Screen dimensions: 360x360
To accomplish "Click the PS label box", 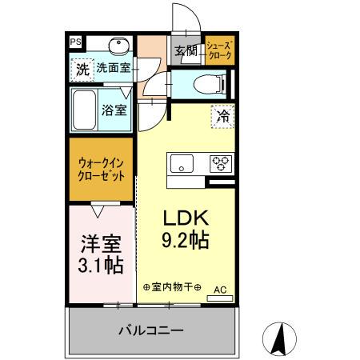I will pyautogui.click(x=75, y=42).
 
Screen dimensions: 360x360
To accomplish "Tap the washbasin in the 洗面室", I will pyautogui.click(x=121, y=45).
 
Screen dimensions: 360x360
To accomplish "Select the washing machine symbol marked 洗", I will pyautogui.click(x=82, y=70).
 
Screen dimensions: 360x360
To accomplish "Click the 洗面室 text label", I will pyautogui.click(x=114, y=70).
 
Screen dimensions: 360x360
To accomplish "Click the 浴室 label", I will pyautogui.click(x=114, y=110).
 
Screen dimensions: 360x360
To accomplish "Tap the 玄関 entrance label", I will pyautogui.click(x=186, y=51).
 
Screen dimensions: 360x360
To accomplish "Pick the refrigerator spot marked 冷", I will pyautogui.click(x=223, y=115).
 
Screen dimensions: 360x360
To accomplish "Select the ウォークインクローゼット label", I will pyautogui.click(x=101, y=170).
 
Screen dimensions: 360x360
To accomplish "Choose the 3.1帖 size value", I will pyautogui.click(x=101, y=264).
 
